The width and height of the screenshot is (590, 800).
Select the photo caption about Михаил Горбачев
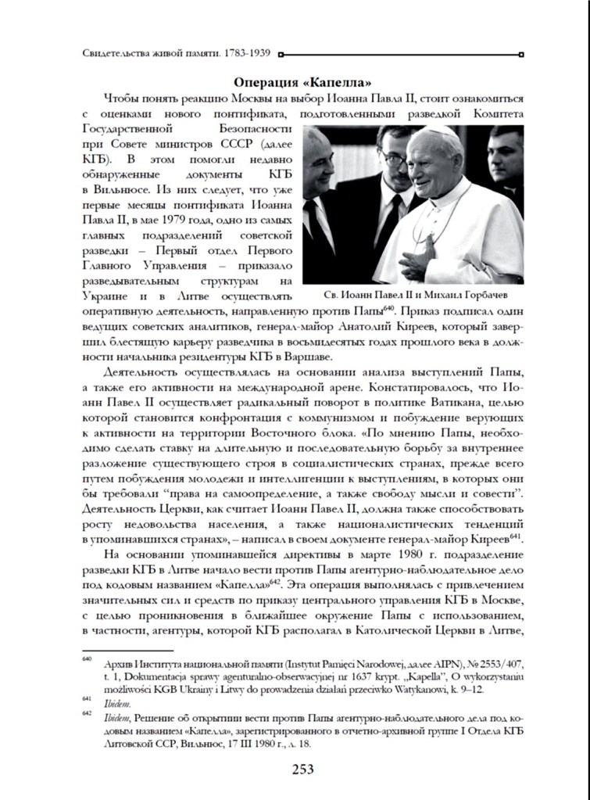pyautogui.click(x=414, y=296)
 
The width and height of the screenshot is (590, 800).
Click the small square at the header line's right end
pyautogui.click(x=521, y=55)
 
